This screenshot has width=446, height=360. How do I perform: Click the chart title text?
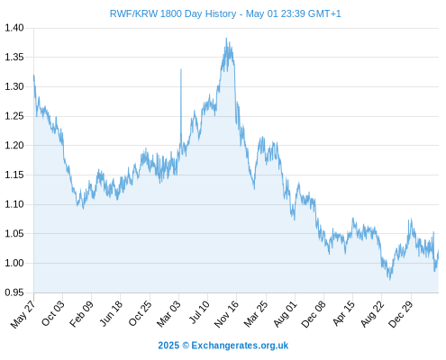tap(225, 13)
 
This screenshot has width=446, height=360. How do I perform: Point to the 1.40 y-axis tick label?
tap(14, 28)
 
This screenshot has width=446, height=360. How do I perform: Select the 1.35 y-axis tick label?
tap(14, 57)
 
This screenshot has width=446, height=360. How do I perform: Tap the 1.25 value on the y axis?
tap(14, 116)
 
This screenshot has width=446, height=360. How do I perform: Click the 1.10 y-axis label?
tap(14, 204)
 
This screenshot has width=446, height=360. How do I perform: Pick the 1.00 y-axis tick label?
tap(14, 263)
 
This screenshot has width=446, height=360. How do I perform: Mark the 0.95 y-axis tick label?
tap(14, 292)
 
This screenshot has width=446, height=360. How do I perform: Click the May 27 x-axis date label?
tap(23, 314)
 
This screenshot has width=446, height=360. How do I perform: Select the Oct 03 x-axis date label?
tap(53, 313)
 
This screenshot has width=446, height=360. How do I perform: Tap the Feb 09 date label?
tap(81, 314)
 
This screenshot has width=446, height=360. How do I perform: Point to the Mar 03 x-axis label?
tap(168, 314)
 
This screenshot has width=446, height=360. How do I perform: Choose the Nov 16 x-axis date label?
tap(226, 314)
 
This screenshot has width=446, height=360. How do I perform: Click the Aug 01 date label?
tap(286, 314)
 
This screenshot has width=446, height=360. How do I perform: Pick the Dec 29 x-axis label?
tap(401, 314)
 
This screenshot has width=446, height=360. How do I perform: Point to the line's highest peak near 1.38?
tap(226, 38)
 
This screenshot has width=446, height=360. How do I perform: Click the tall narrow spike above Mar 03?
tap(181, 69)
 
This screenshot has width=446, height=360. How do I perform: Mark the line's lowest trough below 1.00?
tap(390, 279)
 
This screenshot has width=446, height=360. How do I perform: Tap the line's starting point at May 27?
tap(33, 76)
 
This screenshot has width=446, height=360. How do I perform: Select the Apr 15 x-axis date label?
tap(343, 313)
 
